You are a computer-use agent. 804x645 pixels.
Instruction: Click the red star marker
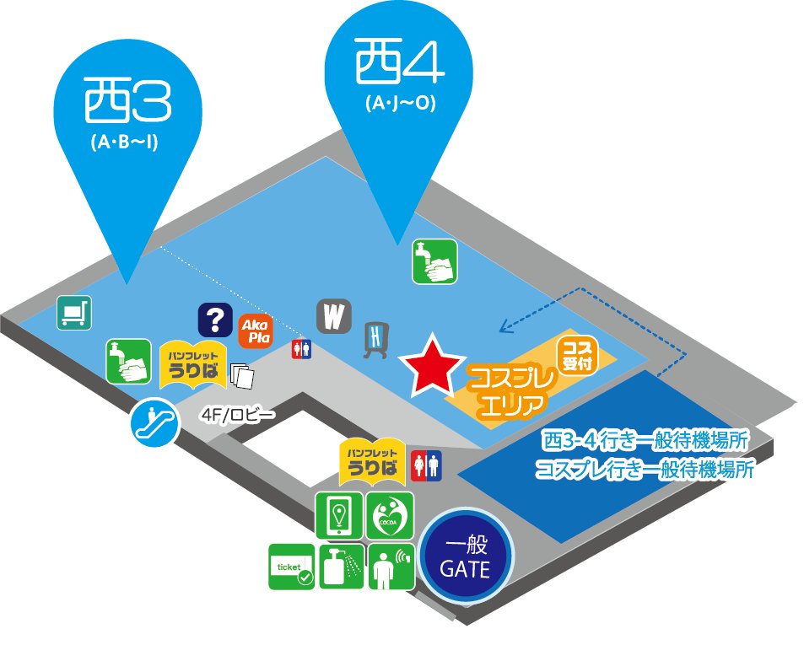coord(433,364)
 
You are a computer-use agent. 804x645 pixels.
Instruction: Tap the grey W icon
coord(335,317)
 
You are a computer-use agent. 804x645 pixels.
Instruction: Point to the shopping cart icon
coord(74,313)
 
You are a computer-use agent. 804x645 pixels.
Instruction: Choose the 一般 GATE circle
coord(467,557)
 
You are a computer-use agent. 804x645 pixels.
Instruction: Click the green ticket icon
coord(291,567)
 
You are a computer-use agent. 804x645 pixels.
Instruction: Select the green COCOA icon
coord(391,516)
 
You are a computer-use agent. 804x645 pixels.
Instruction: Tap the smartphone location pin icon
coord(339,516)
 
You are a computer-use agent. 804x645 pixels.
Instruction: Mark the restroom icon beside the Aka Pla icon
coord(300,349)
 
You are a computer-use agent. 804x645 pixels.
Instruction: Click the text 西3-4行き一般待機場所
coord(645,441)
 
